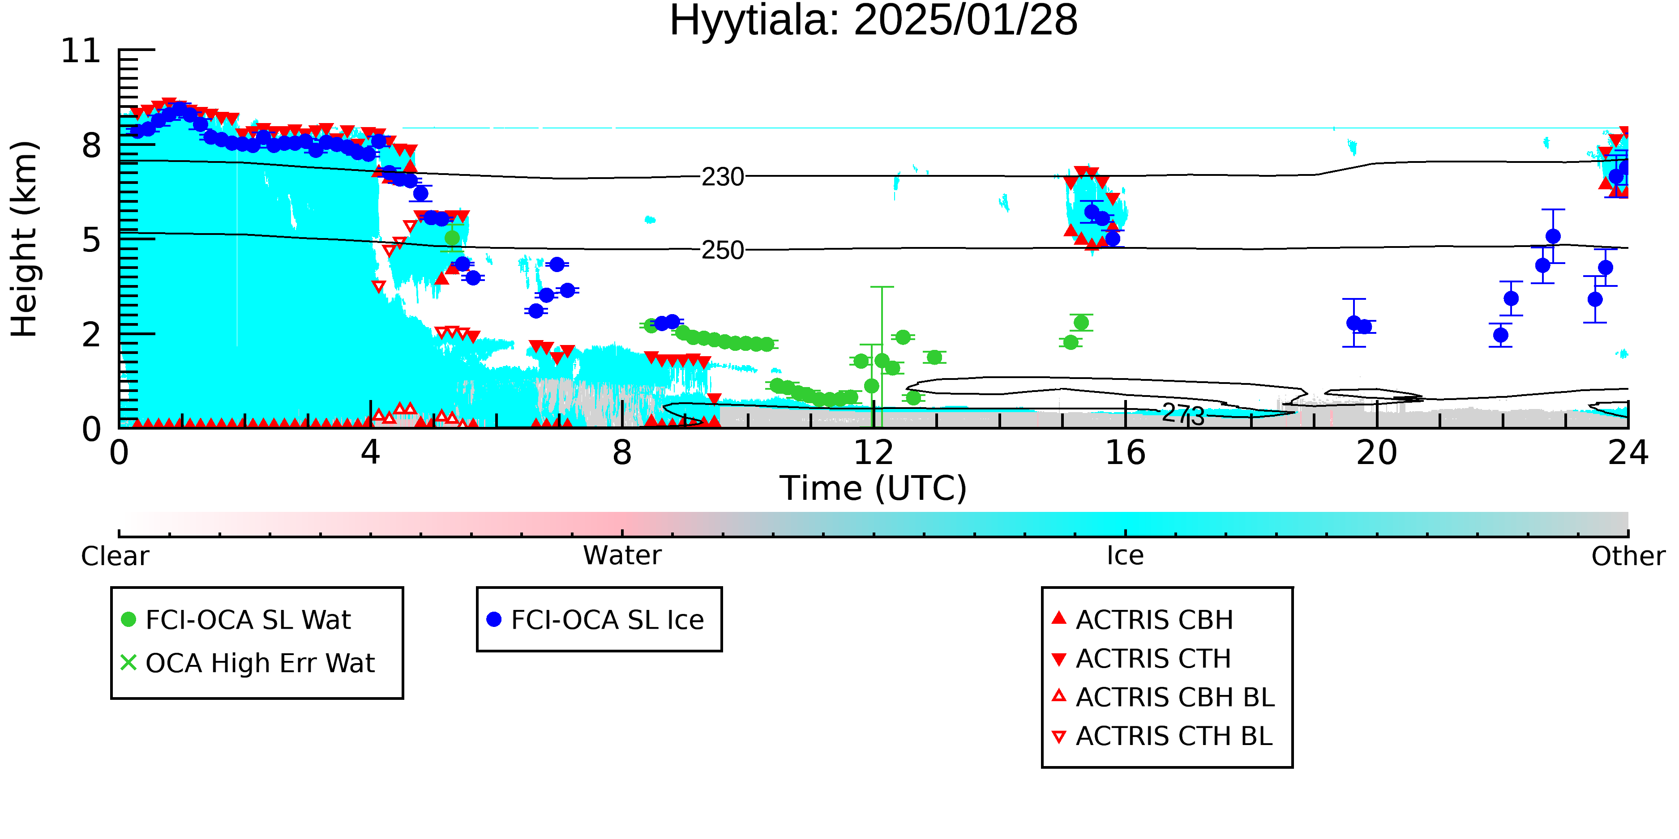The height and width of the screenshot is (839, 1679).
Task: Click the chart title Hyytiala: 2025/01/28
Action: [x=874, y=21]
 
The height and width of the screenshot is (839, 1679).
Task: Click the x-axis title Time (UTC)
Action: [x=874, y=489]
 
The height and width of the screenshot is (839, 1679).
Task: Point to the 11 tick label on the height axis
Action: [x=81, y=51]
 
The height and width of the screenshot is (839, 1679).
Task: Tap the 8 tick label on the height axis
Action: [x=92, y=145]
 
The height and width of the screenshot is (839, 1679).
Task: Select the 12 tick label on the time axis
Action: [x=874, y=453]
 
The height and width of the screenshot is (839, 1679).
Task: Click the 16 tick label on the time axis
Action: [x=1125, y=453]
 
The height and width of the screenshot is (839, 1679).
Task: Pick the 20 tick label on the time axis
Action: [x=1377, y=453]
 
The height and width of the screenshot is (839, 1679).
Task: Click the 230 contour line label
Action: [x=723, y=177]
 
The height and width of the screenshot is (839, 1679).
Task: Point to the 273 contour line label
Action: [x=1184, y=413]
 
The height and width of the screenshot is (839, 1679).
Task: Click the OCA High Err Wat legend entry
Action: [x=248, y=663]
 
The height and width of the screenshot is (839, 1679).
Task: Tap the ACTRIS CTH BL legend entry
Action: [x=1163, y=736]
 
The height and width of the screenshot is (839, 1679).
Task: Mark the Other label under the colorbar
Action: [x=1628, y=556]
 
